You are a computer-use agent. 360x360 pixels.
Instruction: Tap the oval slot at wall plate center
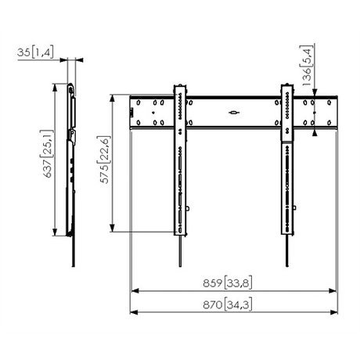234,113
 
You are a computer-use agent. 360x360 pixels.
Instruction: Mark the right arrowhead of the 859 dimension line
334,290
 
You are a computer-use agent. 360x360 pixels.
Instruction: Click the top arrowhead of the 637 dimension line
56,87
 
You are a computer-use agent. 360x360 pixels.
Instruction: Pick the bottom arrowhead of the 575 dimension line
117,228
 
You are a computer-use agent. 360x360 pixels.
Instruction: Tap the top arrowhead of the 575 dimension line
117,98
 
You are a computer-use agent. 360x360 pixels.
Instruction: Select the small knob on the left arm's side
190,207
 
